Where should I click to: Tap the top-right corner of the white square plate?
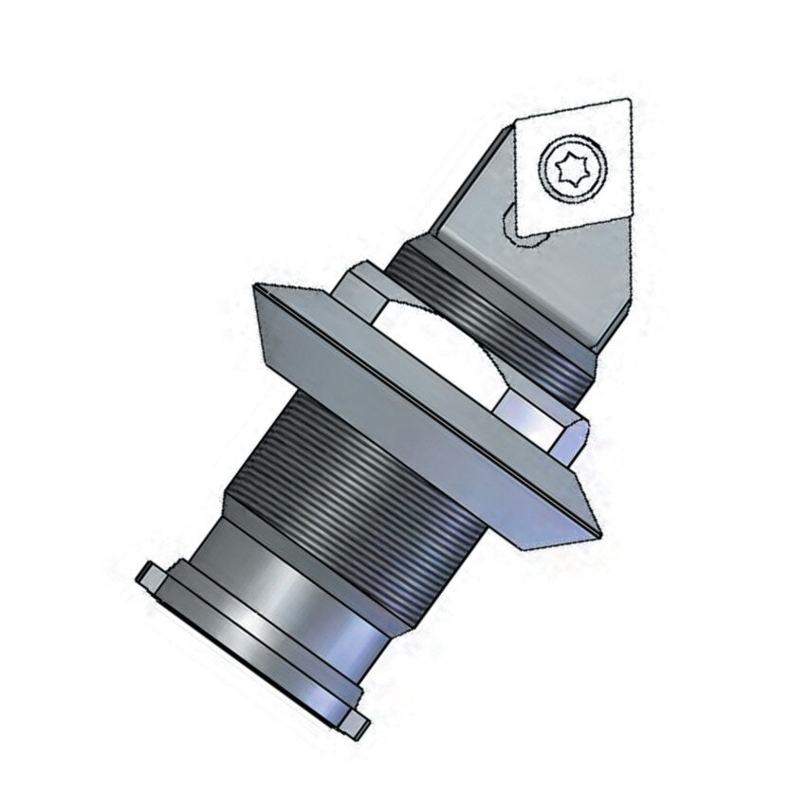[629, 101]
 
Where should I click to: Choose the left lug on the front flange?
[152, 575]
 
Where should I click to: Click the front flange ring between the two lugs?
[247, 664]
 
